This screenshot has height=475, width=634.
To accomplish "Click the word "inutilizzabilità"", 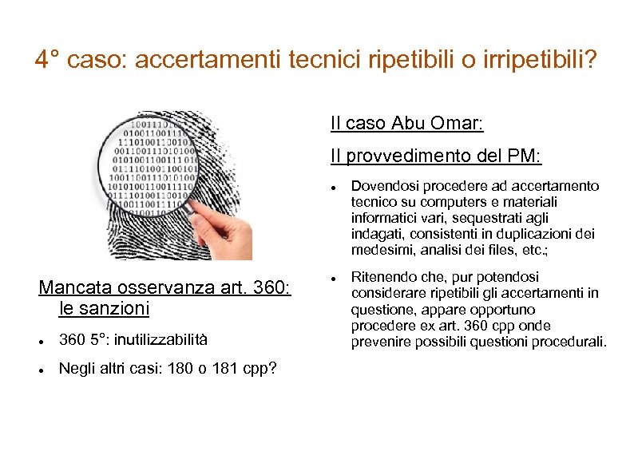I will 160,340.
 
